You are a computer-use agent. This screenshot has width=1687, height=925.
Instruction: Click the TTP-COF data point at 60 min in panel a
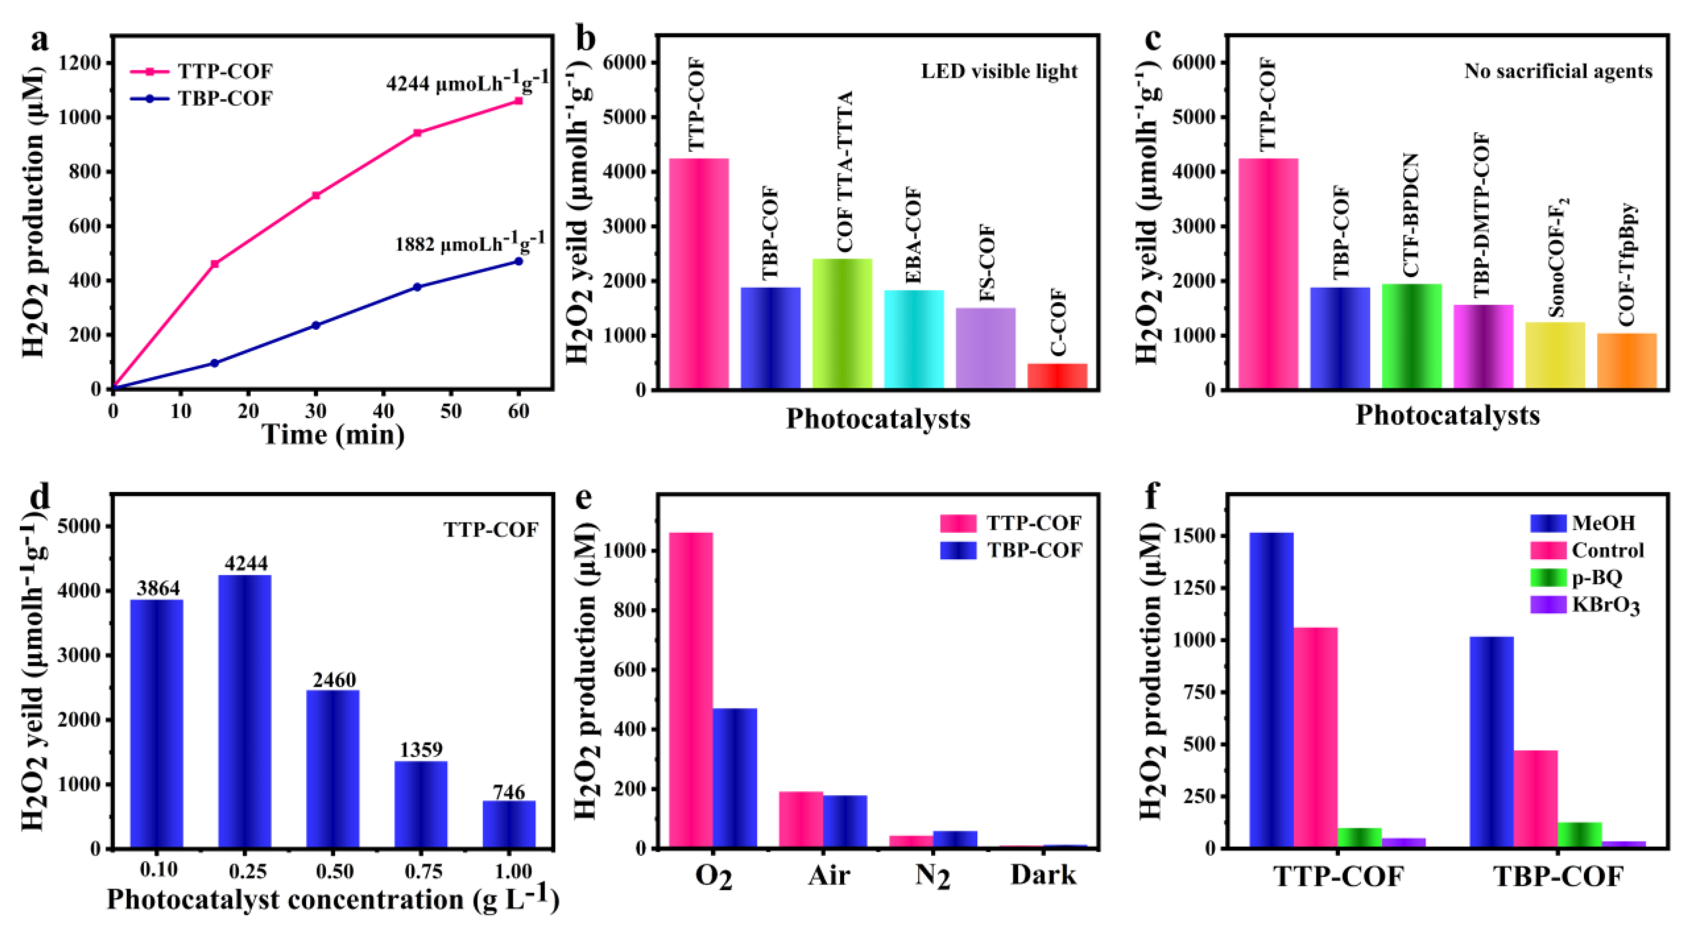[519, 101]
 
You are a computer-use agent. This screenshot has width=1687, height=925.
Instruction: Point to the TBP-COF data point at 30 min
[316, 325]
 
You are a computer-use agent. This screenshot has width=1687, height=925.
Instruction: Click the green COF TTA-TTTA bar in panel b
[842, 324]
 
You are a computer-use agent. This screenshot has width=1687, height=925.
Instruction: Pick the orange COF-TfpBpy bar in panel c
[1627, 361]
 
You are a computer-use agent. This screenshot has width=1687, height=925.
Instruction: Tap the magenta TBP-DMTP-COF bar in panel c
[1483, 347]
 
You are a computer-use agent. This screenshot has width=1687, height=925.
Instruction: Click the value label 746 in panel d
[509, 791]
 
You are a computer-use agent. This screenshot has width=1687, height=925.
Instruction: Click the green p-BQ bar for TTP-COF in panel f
[1359, 838]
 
